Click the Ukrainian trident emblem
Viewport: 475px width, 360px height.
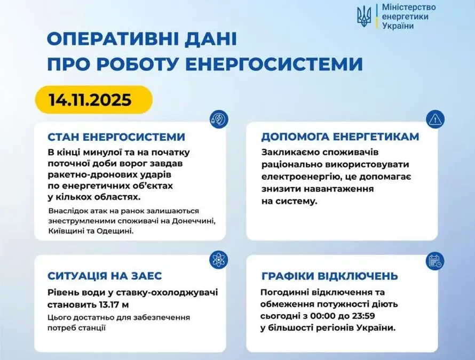(364, 17)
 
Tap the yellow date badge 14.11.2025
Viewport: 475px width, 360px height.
(93, 100)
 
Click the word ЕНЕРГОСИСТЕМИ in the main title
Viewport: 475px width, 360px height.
(274, 63)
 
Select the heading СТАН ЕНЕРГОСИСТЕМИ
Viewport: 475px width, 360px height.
(116, 137)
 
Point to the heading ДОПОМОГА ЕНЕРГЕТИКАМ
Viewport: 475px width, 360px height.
(340, 137)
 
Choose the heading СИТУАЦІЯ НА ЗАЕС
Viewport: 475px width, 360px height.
(105, 276)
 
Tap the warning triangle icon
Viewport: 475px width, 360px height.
(435, 119)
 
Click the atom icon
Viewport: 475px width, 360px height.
(219, 260)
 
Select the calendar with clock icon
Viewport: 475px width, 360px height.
(435, 261)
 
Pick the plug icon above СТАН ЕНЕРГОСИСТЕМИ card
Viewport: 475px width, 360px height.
(219, 119)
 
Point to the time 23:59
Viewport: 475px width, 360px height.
(363, 316)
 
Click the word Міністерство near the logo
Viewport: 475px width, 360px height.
(409, 7)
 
